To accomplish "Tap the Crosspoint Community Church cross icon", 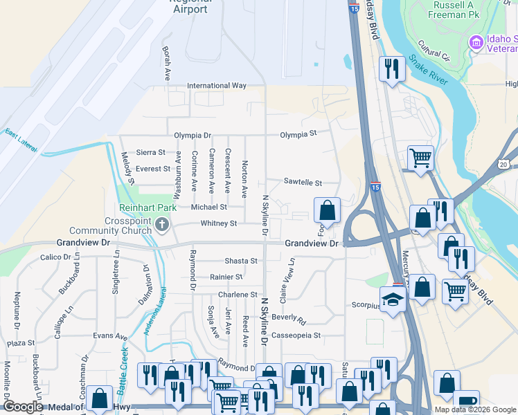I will pos(161,223).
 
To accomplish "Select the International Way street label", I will pos(217,86).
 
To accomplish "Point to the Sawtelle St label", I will pos(303,183).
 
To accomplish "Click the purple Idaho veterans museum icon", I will pos(476,43).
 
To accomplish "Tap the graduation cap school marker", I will pos(393,300).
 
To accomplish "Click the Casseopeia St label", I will pos(296,335).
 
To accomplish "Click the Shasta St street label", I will pos(240,261).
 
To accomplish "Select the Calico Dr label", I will pos(56,257).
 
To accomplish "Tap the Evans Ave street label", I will pos(110,336).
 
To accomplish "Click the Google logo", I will pos(23,407).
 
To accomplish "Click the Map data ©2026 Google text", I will pos(476,409).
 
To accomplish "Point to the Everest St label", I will pos(152,169).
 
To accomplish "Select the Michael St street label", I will pos(209,207).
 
